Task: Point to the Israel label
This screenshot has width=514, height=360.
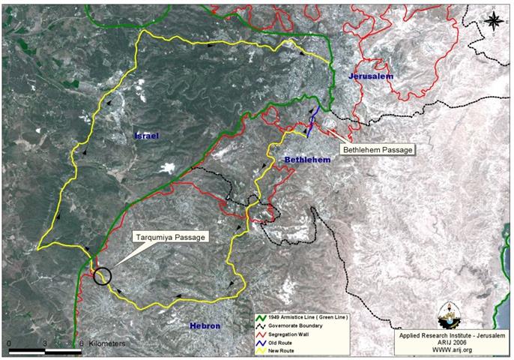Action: (x=147, y=136)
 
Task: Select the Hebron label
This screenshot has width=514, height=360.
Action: (x=205, y=325)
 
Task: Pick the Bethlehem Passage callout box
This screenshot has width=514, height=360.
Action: (x=378, y=150)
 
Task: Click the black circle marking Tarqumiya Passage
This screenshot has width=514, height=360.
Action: (x=103, y=275)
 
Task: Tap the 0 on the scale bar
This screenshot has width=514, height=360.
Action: (x=10, y=343)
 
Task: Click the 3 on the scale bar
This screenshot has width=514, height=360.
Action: (x=46, y=343)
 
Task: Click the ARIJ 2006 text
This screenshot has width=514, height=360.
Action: (x=453, y=341)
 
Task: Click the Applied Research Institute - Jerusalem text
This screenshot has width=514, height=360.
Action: (x=453, y=334)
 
